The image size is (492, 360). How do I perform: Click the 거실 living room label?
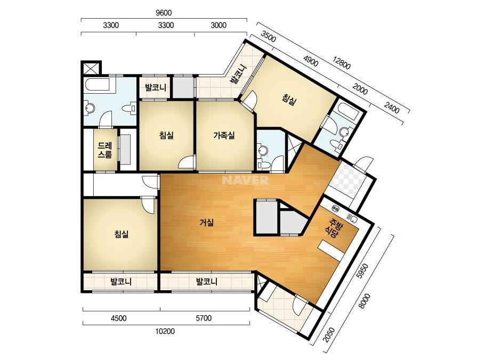point(207,223)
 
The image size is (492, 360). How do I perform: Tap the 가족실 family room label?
point(224,136)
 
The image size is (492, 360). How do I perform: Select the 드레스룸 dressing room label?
point(105,150)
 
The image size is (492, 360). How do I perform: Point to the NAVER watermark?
point(245,181)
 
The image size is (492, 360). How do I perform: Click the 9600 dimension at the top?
point(164,13)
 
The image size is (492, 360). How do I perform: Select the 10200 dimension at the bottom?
point(165,331)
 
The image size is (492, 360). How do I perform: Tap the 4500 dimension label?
point(119,318)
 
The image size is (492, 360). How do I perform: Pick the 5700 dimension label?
point(203,318)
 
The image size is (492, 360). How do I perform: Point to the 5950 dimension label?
point(362,271)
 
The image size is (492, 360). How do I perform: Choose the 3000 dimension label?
point(219,25)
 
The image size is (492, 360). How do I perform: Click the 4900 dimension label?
point(311,62)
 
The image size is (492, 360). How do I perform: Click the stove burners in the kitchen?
point(336,208)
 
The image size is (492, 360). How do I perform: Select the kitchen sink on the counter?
point(352,217)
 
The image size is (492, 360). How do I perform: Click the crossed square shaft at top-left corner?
point(91,68)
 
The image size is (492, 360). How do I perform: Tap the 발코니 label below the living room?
point(207,282)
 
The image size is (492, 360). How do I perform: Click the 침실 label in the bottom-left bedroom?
point(122,234)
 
